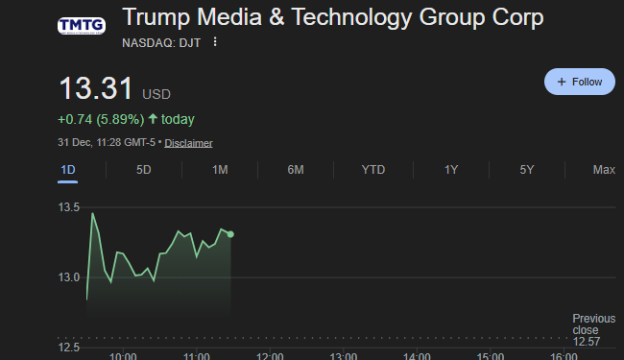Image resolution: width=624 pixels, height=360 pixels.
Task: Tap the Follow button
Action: point(579,82)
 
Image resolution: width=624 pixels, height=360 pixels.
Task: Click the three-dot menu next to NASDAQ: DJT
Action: point(215,42)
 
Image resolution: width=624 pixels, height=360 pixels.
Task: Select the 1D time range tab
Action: point(67,170)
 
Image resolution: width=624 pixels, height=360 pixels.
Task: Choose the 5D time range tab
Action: point(144,170)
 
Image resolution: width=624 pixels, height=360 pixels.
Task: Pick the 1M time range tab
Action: point(220,170)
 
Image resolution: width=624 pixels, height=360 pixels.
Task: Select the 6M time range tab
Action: point(296,170)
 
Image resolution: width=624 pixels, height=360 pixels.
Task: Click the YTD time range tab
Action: point(372,170)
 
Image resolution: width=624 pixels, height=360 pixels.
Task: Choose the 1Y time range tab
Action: point(451,170)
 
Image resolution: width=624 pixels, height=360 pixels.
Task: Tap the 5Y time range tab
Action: point(527,170)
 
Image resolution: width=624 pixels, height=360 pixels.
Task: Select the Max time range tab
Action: point(604,170)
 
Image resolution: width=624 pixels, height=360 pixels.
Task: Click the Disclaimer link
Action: point(188,143)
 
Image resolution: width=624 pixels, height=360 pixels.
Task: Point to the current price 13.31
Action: point(96,89)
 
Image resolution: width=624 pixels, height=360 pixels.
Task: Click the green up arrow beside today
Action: point(153,120)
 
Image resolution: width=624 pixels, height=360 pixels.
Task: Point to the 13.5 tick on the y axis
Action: point(69,207)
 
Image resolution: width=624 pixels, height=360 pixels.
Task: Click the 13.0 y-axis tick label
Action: point(69,277)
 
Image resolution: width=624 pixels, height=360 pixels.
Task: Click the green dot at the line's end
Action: point(230,233)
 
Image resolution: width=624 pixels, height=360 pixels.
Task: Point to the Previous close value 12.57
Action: point(587,342)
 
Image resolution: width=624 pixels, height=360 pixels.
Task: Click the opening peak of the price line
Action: point(92,213)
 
